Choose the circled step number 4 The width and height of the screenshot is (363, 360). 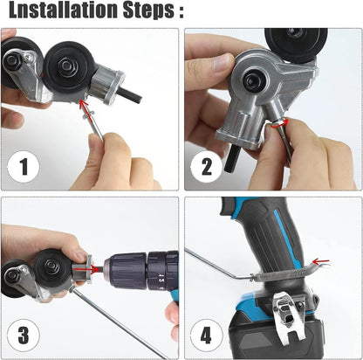click(208, 335)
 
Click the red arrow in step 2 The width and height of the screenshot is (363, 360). click(277, 124)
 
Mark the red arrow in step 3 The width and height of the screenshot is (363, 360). click(79, 257)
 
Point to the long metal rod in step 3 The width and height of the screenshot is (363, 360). click(113, 323)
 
